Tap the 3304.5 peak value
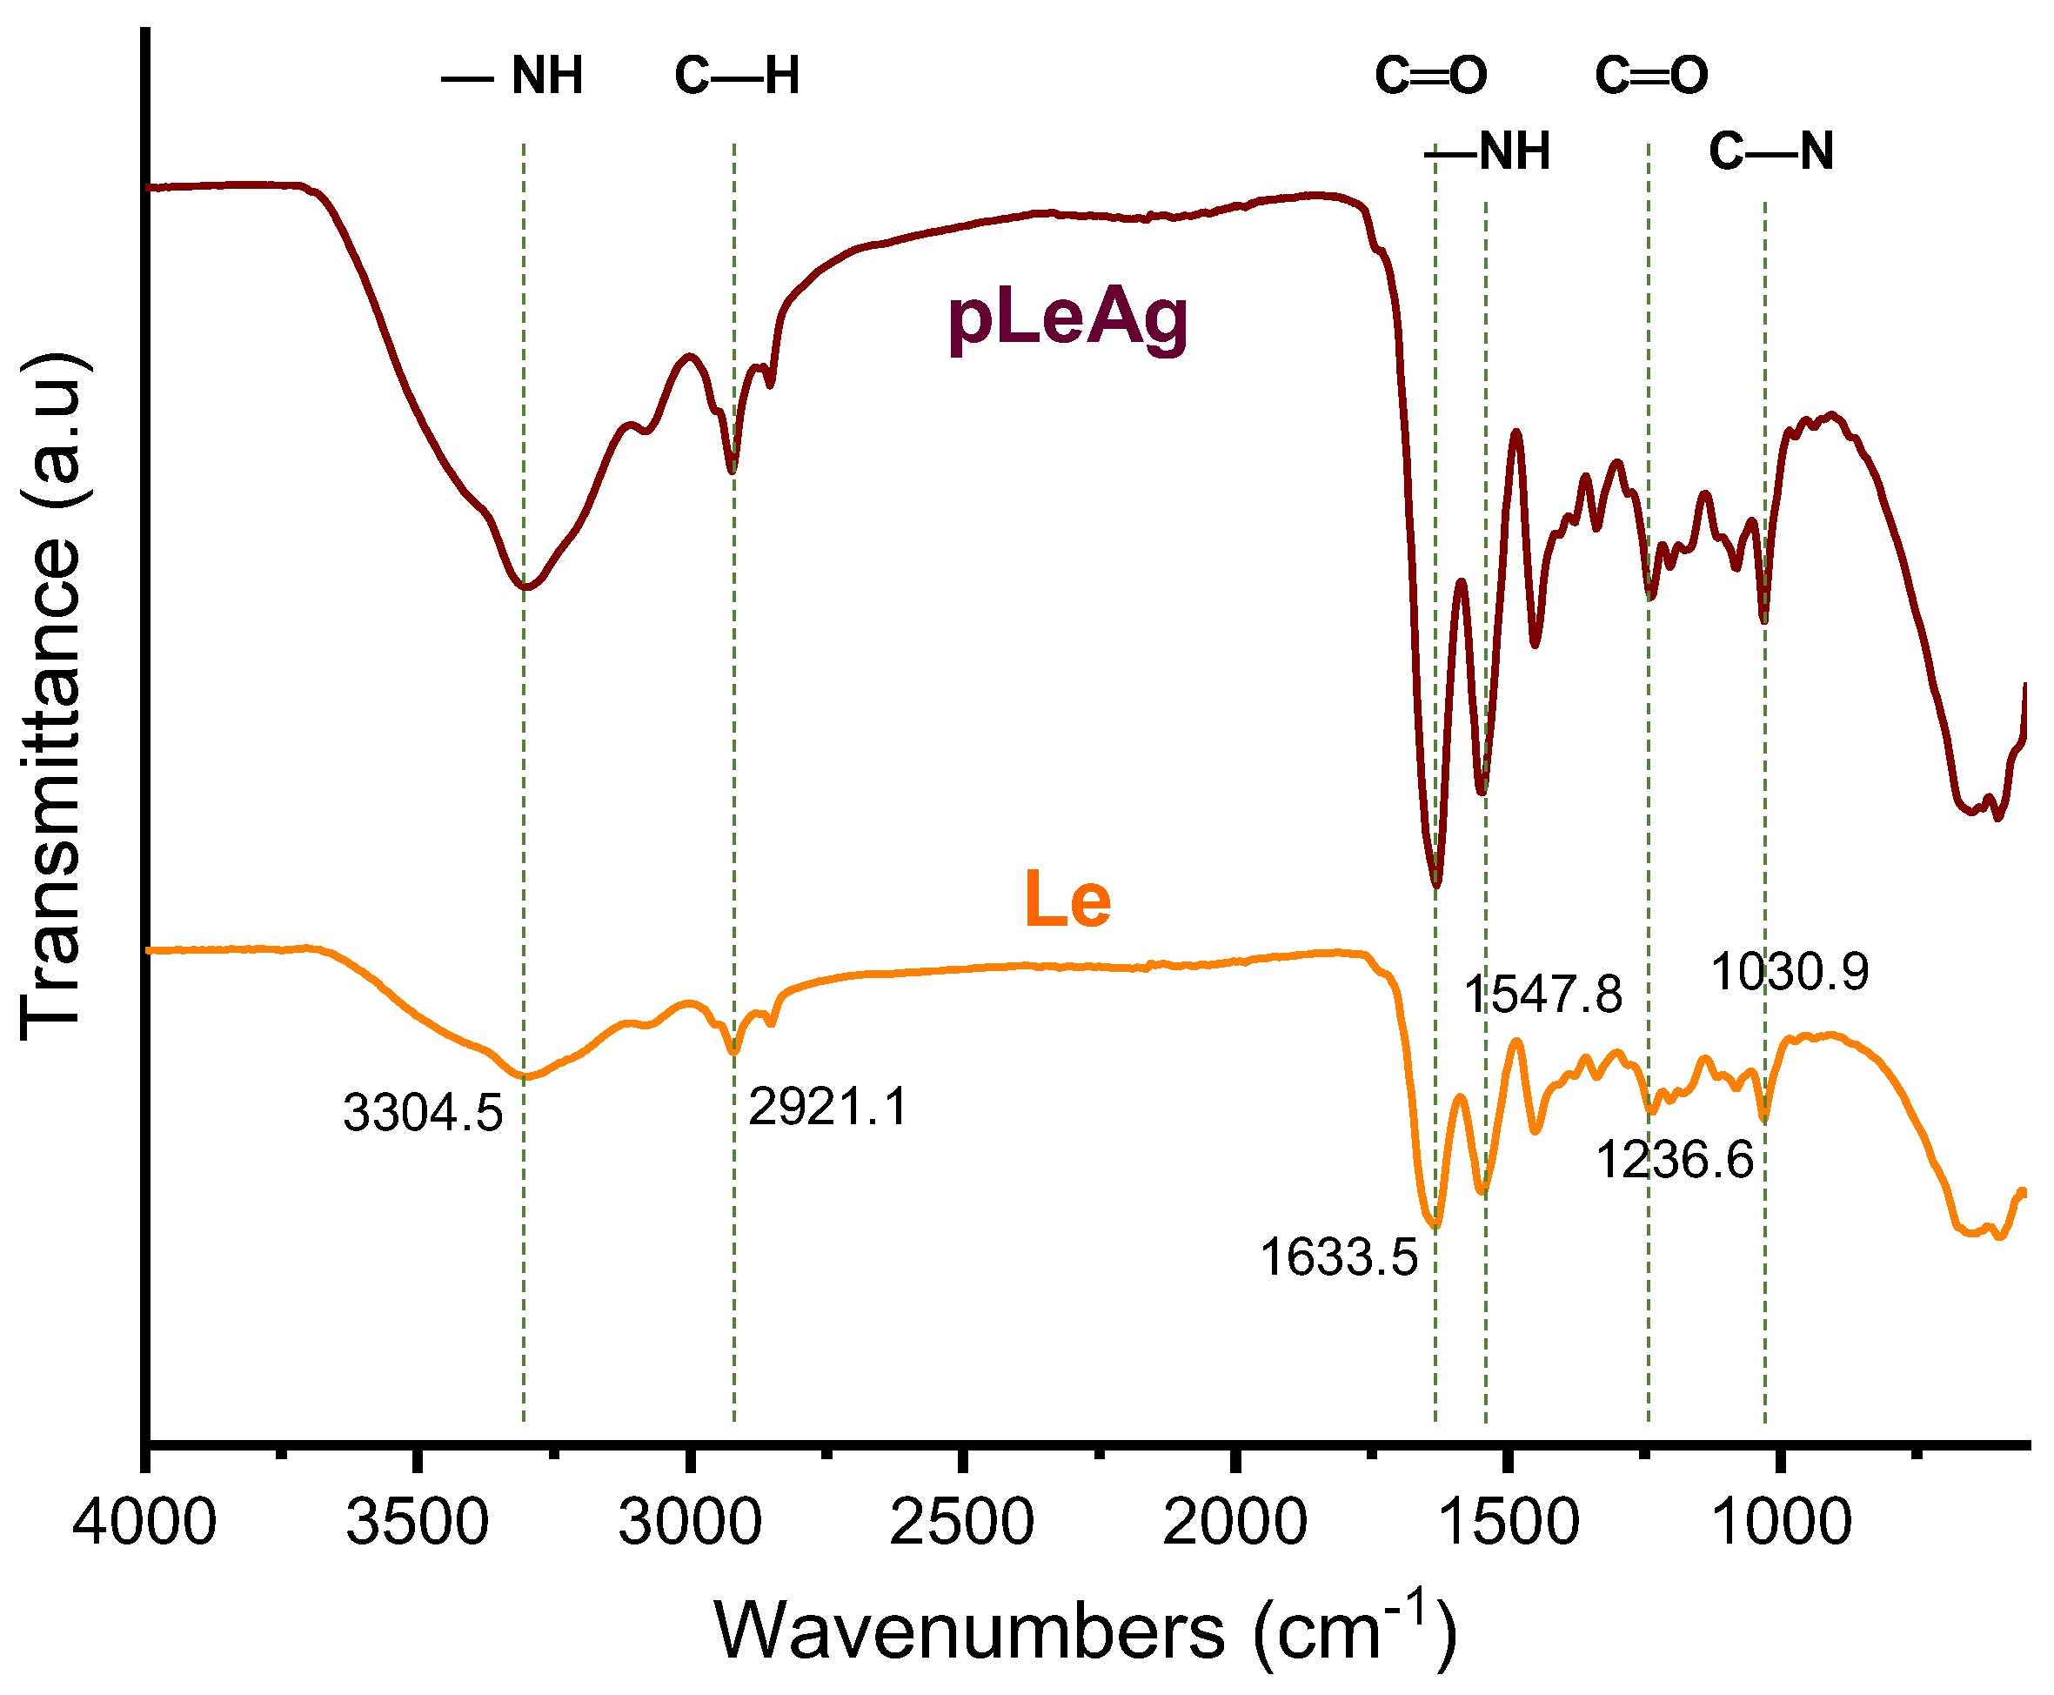423,1113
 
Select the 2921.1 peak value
828,1107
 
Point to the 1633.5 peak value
1338,1256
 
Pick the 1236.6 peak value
1676,1161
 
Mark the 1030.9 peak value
1790,973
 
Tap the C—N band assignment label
1771,151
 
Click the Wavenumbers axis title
1086,1631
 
